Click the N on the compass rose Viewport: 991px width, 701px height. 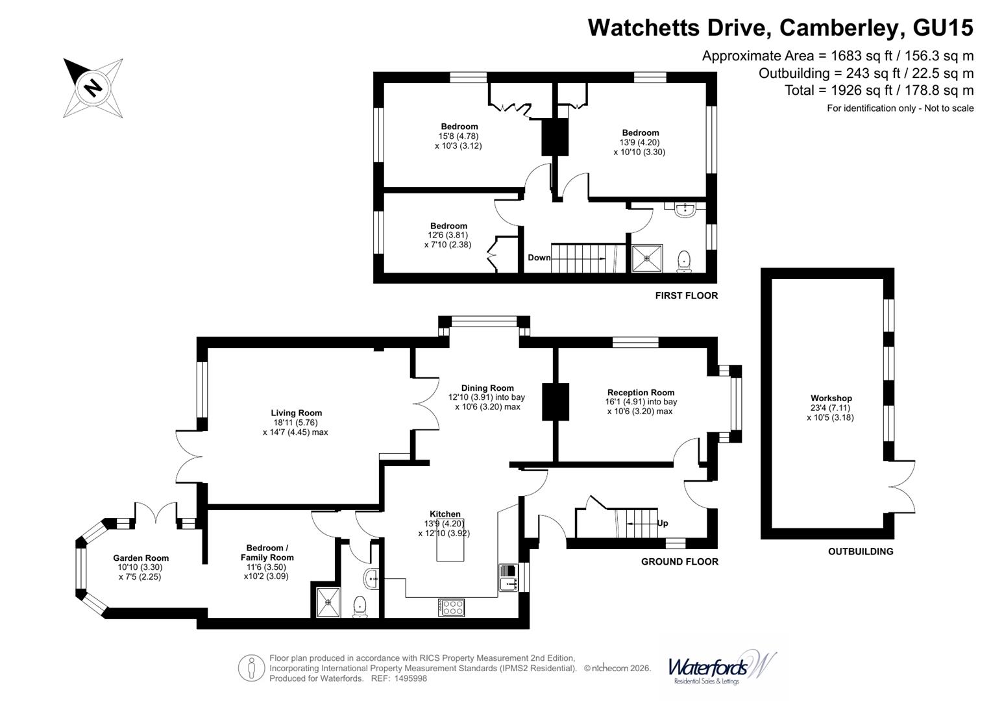pos(93,88)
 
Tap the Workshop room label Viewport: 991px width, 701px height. pos(831,399)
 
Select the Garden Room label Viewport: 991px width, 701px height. pos(141,558)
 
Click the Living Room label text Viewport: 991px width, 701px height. pos(297,413)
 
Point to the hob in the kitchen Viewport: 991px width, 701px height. pos(451,607)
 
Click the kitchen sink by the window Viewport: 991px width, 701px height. pos(509,578)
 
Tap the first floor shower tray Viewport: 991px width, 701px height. pos(647,258)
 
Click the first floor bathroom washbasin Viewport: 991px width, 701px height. pos(685,210)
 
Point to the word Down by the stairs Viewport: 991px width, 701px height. pos(539,258)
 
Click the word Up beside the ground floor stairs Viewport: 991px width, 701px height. pos(662,523)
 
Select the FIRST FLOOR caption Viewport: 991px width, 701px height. pos(687,295)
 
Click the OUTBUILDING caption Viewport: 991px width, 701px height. pos(861,552)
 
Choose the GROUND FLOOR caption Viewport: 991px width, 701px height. pos(679,561)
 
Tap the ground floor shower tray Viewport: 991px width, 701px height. pos(328,602)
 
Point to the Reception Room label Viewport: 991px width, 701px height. pos(641,393)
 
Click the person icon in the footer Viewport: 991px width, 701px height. pos(251,669)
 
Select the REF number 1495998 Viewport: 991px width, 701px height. pos(411,678)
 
